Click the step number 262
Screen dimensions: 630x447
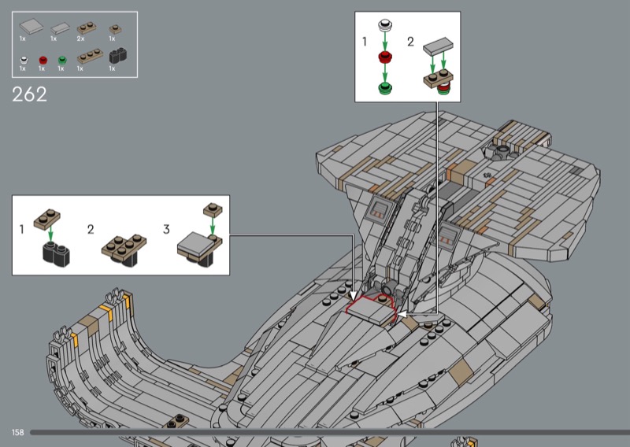[x=29, y=94]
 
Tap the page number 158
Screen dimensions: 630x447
[x=17, y=432]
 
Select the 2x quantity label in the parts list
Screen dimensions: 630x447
[x=80, y=39]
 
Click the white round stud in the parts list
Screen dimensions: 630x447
[x=24, y=61]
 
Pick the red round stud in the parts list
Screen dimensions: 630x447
[x=43, y=61]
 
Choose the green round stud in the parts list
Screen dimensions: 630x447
[x=62, y=61]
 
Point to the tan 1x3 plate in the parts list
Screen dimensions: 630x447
[x=90, y=56]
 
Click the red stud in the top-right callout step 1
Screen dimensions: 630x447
[x=385, y=57]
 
